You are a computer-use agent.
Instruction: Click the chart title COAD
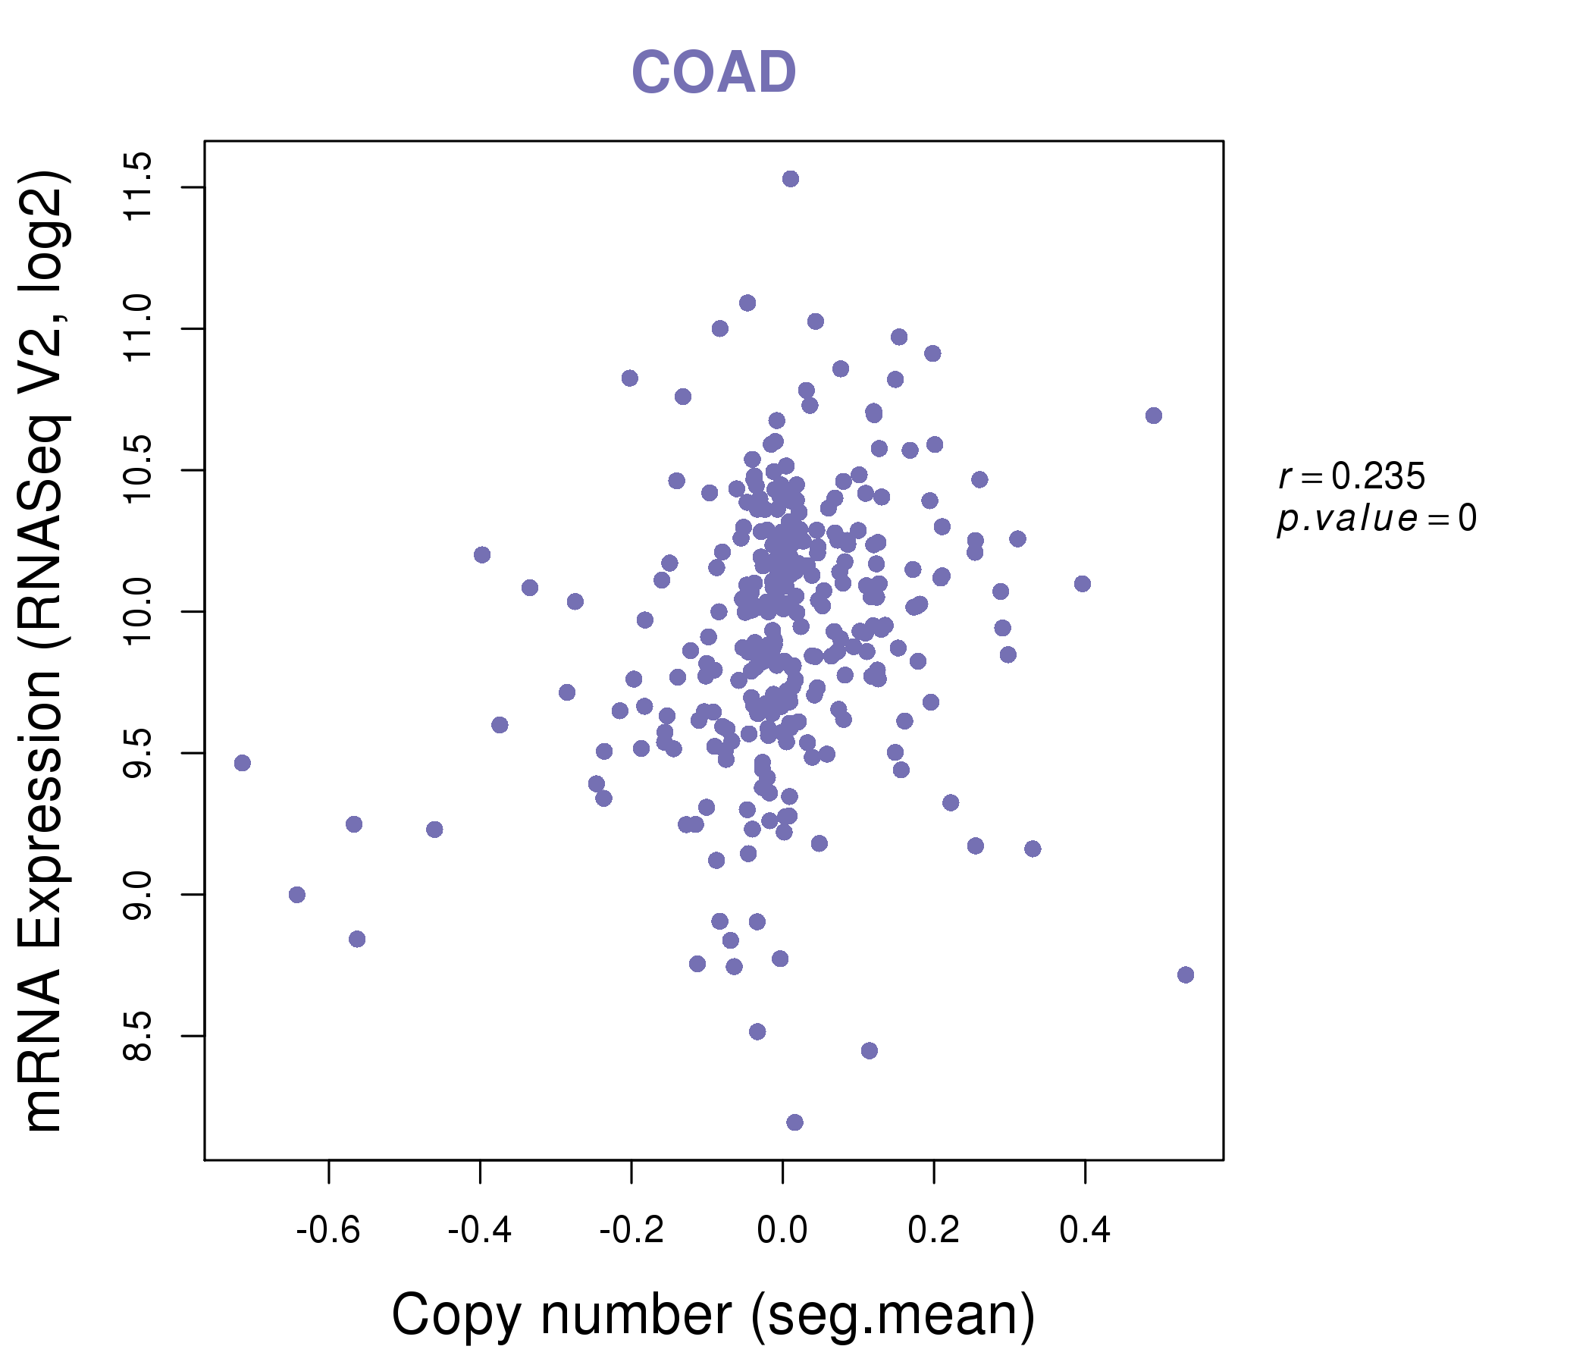coord(713,72)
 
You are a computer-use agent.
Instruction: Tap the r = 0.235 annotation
coord(1352,476)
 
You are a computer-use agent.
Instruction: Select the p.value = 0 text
coord(1376,519)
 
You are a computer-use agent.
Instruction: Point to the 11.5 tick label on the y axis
coord(138,187)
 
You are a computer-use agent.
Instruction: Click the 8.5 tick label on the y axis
coord(138,1036)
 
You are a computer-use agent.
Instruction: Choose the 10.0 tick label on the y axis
coord(138,612)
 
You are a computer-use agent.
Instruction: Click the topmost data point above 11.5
coord(791,179)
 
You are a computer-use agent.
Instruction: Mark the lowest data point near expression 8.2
coord(794,1122)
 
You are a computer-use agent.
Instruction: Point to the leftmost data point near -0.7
coord(243,763)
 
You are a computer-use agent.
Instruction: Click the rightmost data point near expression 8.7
coord(1186,974)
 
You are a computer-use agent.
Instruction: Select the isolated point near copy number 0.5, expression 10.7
coord(1153,416)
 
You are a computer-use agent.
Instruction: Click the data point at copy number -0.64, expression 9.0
coord(297,895)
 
